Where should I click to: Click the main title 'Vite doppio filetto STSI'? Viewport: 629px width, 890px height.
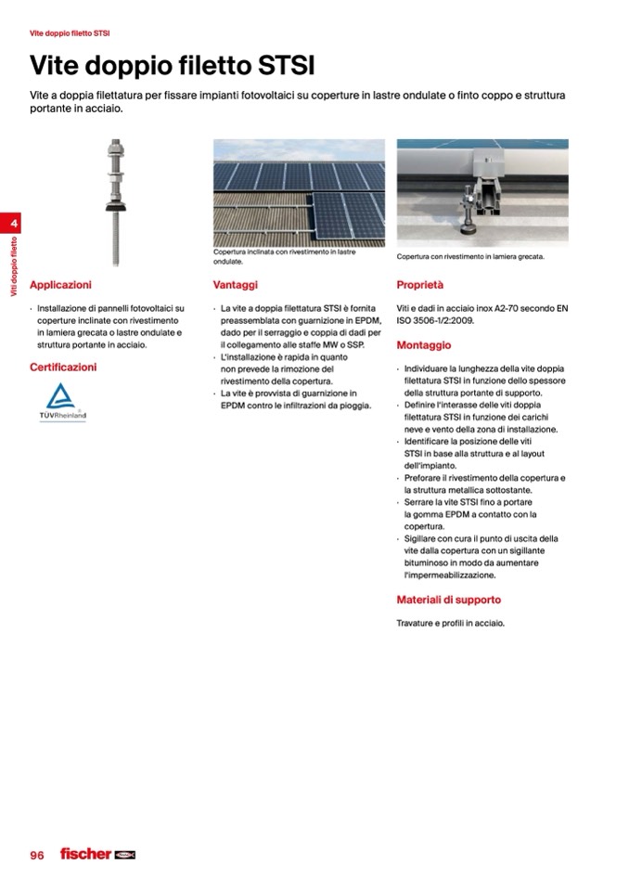tap(173, 66)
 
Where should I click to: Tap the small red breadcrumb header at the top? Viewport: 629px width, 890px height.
tap(70, 33)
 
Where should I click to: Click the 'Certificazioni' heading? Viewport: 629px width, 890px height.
tap(63, 367)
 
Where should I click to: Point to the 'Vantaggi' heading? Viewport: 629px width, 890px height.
tap(235, 285)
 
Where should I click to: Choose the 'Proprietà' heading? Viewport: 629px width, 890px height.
tap(420, 285)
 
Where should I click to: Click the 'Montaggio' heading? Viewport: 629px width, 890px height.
tap(424, 345)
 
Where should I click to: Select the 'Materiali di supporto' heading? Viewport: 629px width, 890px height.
tap(449, 600)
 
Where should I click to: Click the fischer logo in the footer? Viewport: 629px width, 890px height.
tap(96, 854)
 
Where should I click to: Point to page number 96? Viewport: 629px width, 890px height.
tap(37, 855)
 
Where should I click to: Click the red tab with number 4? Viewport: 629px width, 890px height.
tap(13, 224)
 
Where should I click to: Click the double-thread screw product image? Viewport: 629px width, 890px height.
tap(116, 200)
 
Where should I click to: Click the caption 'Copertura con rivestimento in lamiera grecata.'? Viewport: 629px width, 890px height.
tap(470, 256)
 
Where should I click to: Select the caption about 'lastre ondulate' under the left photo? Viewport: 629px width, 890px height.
tap(283, 256)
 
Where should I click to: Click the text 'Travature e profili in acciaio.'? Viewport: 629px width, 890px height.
tap(451, 624)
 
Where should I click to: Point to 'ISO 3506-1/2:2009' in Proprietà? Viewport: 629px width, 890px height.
tap(435, 321)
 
